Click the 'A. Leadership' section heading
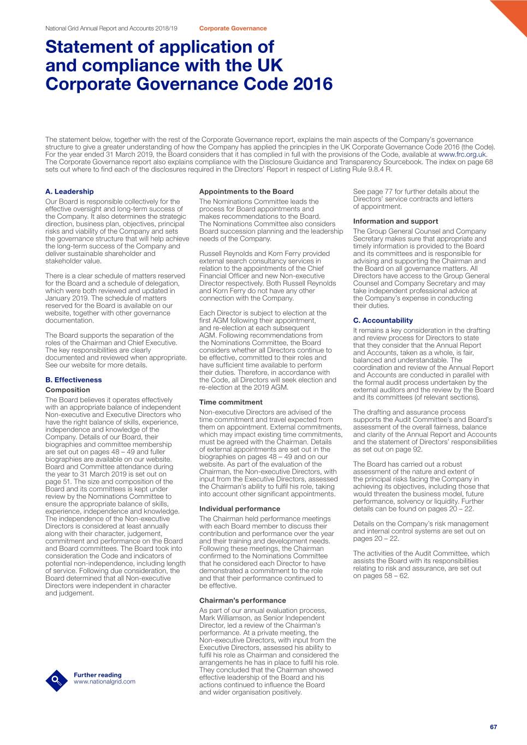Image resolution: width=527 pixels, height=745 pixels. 69,192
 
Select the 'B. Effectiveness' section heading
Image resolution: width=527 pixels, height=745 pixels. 73,380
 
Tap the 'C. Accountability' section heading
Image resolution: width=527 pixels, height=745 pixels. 383,320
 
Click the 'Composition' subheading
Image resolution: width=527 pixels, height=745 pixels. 68,390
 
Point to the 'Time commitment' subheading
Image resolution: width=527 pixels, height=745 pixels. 230,402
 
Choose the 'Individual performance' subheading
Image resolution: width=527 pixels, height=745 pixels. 240,509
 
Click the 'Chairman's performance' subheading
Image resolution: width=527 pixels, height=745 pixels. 242,600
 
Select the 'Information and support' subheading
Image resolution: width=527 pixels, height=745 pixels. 395,221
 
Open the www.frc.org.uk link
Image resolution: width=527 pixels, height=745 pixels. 462,154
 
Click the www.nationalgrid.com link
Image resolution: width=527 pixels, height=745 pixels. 104,682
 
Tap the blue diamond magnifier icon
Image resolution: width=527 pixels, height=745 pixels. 56,680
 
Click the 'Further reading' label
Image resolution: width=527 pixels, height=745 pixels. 98,675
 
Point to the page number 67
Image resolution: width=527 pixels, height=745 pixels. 494,727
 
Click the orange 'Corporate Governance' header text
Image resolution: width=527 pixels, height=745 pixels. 233,28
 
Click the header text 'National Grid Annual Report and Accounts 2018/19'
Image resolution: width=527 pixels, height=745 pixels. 111,28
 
